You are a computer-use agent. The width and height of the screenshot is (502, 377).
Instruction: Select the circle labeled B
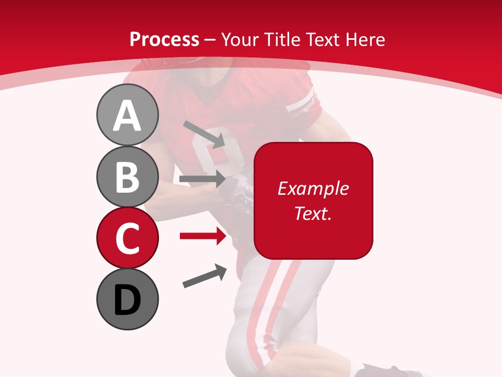pyautogui.click(x=127, y=176)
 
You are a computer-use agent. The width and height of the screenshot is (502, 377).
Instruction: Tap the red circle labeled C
pyautogui.click(x=127, y=238)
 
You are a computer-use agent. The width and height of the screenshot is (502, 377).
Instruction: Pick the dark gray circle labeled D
pyautogui.click(x=127, y=299)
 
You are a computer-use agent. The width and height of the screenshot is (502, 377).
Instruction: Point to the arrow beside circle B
pyautogui.click(x=202, y=180)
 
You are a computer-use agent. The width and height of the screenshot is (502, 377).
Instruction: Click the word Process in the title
pyautogui.click(x=164, y=39)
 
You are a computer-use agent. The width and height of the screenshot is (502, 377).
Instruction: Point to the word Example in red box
pyautogui.click(x=313, y=188)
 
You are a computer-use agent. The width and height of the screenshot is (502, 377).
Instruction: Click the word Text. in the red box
pyautogui.click(x=313, y=213)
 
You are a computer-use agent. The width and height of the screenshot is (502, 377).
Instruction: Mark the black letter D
pyautogui.click(x=127, y=300)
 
